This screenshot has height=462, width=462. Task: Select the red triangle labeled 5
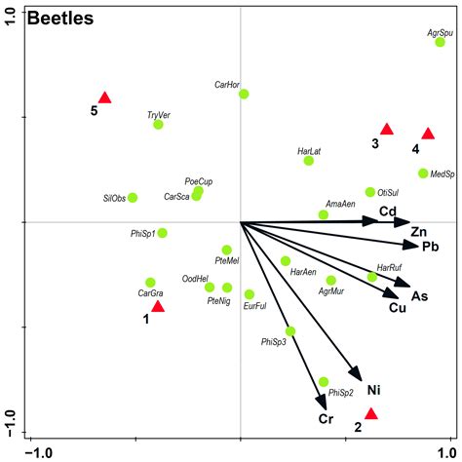point(105,97)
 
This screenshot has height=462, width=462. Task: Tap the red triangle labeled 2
point(370,413)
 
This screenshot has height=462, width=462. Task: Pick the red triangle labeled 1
point(158,307)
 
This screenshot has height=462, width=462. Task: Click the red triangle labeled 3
point(386,130)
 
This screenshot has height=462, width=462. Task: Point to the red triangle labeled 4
point(427,134)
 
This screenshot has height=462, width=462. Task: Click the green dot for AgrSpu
point(440,42)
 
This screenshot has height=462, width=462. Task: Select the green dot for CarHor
point(244,94)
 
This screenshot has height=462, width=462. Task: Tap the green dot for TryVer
point(158,124)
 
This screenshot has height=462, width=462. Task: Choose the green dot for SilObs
point(133,197)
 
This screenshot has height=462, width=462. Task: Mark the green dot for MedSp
point(423,173)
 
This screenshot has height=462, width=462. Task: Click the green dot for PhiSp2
point(324,381)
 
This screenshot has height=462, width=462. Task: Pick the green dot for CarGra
point(150,282)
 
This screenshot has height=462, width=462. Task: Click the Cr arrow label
point(327,419)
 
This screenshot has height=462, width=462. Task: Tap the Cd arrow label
point(388,212)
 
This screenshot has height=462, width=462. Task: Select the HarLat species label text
point(310,151)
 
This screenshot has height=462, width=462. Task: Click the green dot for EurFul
point(250,293)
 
